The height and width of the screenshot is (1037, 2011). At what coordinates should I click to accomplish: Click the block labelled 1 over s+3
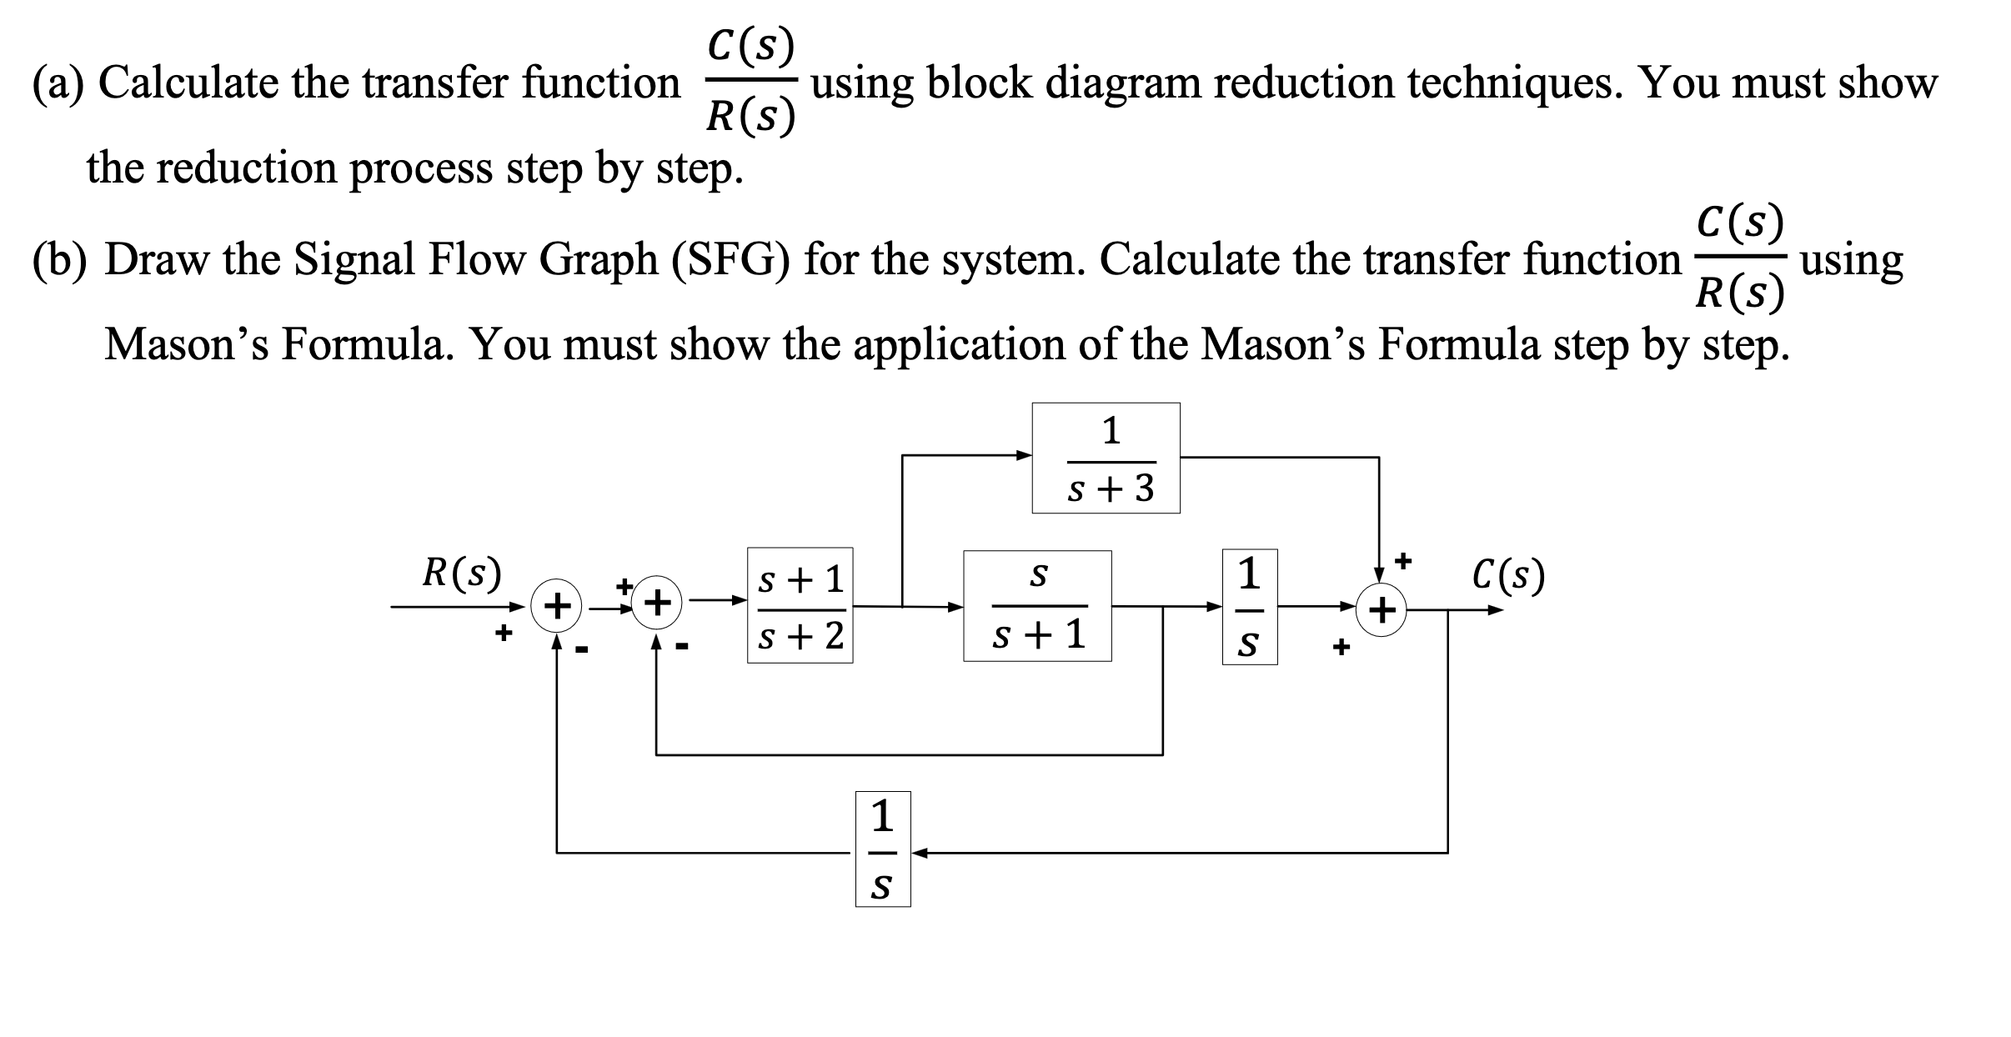coord(1106,458)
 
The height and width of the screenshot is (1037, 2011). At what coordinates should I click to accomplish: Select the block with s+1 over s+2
coord(800,605)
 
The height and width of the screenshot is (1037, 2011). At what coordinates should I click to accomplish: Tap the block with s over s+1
coord(1037,606)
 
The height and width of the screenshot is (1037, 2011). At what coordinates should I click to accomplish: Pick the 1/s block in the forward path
coord(1249,606)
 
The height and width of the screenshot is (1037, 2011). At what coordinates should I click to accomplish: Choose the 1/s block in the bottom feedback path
coord(883,849)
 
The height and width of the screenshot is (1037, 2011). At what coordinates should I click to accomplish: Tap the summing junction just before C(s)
coord(1382,611)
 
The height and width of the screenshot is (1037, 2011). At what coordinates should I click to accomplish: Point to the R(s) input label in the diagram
coord(462,573)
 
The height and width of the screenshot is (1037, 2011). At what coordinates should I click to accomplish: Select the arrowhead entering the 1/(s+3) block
coord(1025,455)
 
